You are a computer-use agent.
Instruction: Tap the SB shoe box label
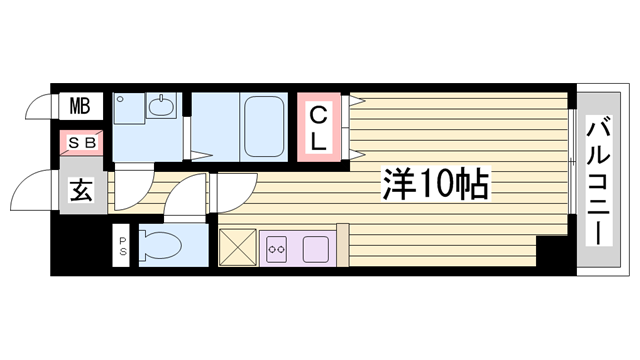pos(80,142)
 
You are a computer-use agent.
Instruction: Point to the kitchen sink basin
pos(316,246)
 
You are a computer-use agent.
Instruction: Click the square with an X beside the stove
pos(237,246)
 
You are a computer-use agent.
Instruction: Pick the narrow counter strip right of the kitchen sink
pos(342,246)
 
